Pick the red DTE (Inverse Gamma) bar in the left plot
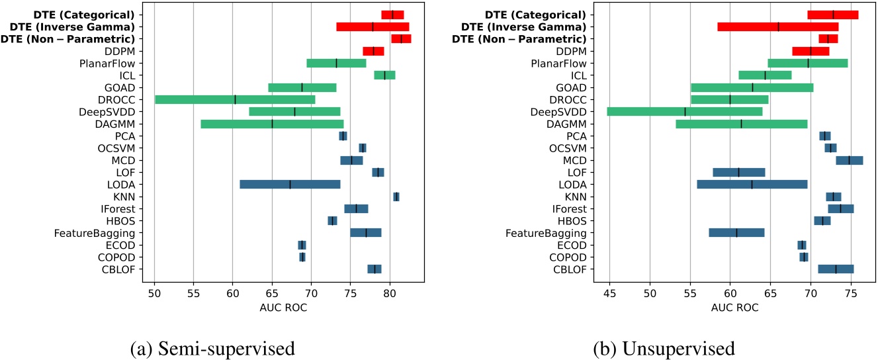click(373, 26)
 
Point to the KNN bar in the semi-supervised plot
click(396, 197)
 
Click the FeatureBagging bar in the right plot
click(736, 233)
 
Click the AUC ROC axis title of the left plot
click(283, 308)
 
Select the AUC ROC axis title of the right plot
click(734, 308)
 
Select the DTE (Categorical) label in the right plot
click(535, 15)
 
